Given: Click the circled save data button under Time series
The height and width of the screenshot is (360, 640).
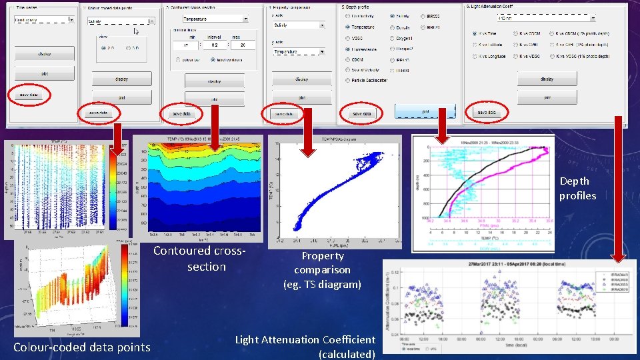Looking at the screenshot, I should pos(28,95).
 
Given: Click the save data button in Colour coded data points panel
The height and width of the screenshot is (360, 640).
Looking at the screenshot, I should pos(97,113).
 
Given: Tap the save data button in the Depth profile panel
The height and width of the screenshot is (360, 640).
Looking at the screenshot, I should pos(361,114).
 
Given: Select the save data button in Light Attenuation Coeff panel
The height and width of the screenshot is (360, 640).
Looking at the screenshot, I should pos(486,113).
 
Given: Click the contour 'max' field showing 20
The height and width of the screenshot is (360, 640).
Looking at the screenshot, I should pos(243,45).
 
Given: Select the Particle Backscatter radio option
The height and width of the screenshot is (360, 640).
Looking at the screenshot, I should pos(348,80).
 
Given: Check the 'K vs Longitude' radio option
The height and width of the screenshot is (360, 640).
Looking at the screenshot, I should pos(474,57).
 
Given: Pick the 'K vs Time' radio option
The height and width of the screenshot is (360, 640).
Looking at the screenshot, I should pos(474,33).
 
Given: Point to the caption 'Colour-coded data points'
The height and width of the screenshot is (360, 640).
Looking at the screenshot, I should pos(82,347).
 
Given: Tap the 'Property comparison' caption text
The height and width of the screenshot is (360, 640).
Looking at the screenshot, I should pos(322,270).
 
